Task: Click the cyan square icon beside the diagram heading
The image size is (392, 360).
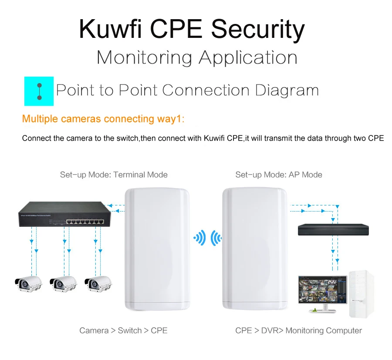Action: pos(39,91)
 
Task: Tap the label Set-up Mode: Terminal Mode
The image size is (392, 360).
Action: pos(114,175)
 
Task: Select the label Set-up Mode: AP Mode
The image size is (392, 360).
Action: pos(279,175)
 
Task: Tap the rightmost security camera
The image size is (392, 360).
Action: pos(97,283)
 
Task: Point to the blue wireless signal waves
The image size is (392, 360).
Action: pos(207,238)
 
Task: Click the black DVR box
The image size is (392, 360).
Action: pos(331,229)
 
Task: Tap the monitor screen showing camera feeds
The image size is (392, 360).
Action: pos(322,289)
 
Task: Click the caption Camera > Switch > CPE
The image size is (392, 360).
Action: pos(123,330)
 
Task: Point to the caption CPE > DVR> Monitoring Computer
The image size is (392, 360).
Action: pos(298,330)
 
